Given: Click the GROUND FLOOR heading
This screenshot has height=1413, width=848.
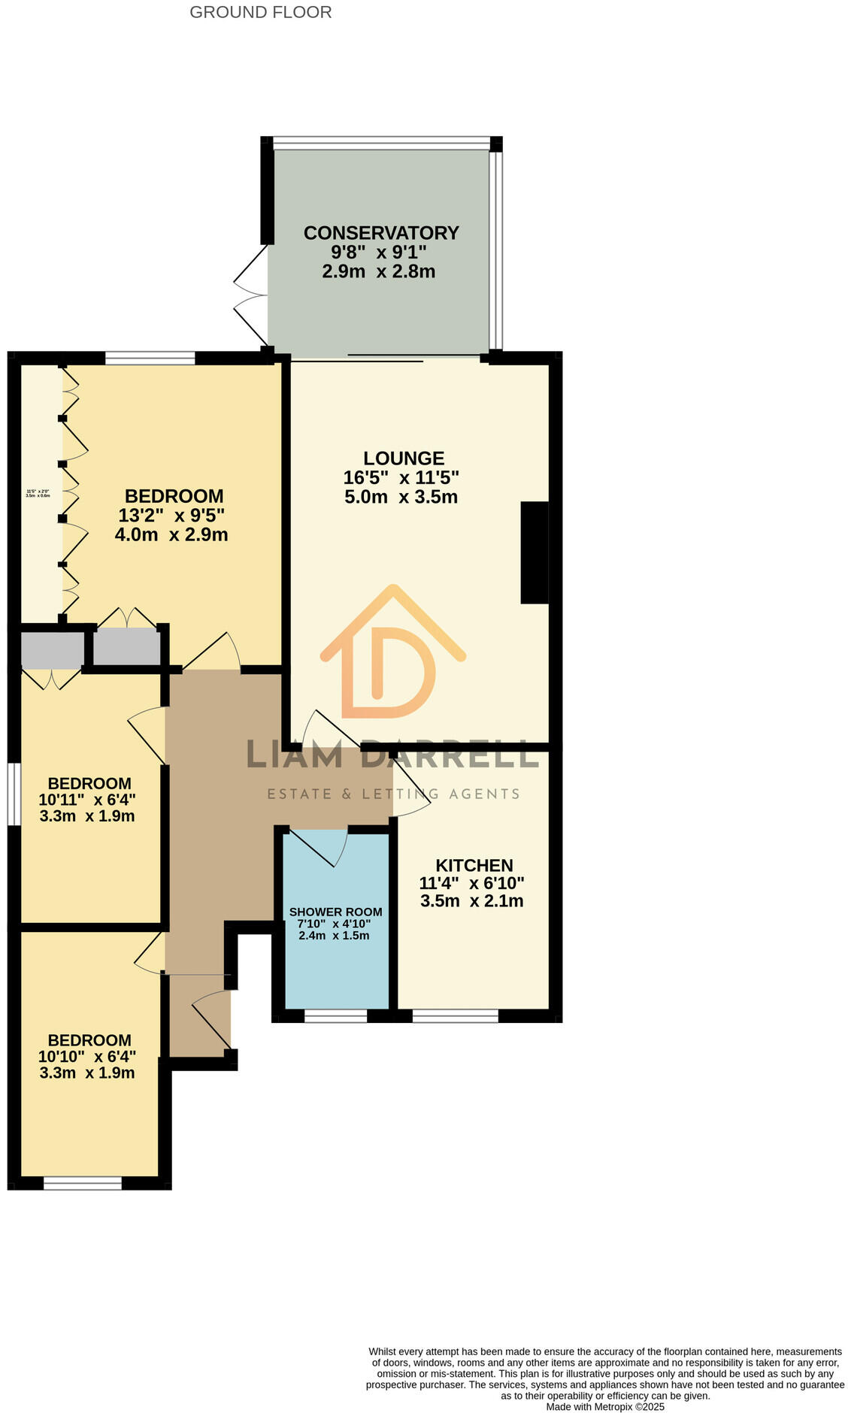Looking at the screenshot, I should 260,12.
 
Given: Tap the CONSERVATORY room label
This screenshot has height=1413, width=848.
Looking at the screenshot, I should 381,233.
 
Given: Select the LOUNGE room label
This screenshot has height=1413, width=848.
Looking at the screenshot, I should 404,458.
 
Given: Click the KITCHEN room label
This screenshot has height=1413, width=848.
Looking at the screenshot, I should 474,865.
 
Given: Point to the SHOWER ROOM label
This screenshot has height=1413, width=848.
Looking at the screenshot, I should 335,912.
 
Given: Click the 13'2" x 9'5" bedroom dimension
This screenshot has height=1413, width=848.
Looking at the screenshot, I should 172,516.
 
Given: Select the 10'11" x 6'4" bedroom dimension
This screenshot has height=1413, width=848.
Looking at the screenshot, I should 87,800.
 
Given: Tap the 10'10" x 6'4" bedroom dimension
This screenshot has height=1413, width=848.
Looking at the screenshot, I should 87,1056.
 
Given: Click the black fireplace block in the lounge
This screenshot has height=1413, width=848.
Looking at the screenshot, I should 535,552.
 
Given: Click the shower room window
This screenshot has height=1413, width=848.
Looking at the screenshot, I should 335,1016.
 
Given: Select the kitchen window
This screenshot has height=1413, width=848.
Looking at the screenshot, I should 455,1016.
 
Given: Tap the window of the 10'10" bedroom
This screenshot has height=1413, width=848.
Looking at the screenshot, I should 83,1183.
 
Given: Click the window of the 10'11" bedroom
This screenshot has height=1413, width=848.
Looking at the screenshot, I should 14,794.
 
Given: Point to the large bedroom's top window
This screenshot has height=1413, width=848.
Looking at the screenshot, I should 150,359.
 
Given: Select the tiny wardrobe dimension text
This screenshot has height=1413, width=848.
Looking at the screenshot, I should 38,494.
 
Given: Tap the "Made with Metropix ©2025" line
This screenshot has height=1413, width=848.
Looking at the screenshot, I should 605,1407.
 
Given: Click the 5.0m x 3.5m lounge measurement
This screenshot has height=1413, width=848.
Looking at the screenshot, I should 401,497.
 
